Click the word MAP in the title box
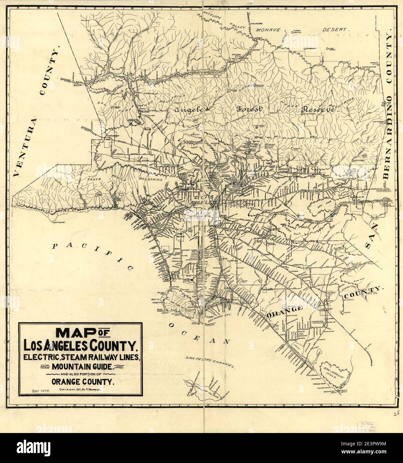[76, 333]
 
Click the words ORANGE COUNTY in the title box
[81, 382]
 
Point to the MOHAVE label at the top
[268, 30]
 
